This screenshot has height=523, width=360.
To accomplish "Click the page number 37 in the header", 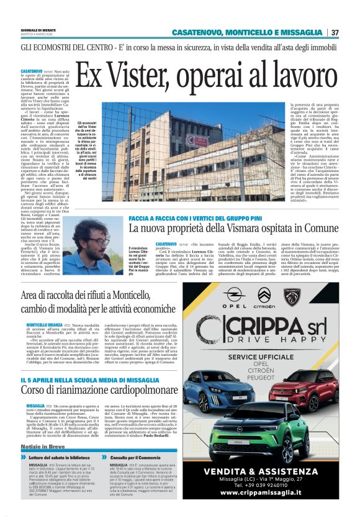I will click(335, 32).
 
